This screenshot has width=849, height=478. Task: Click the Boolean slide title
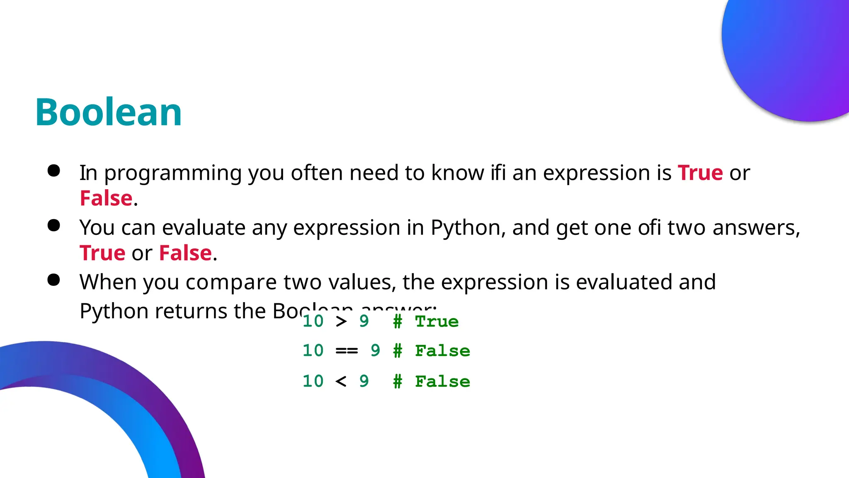coord(109,112)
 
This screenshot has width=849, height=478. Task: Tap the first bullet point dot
coord(54,171)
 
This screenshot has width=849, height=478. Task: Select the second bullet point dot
coord(54,225)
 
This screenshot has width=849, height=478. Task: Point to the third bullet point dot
coord(54,280)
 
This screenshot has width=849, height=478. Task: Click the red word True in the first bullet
coord(700,173)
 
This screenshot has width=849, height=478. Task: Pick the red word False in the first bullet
coord(106,198)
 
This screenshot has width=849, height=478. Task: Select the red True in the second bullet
coord(102,253)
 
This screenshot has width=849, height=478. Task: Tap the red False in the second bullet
coord(185,253)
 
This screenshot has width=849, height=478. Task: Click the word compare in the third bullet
coord(231,283)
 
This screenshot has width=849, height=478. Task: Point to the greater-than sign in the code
coord(341,321)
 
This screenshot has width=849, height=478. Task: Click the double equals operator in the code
coord(347,351)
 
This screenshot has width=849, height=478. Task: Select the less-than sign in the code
coord(341,381)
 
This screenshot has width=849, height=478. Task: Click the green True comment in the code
coord(437,322)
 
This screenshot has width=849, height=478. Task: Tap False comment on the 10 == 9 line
coord(442,351)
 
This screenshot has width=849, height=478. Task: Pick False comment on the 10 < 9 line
coord(442,382)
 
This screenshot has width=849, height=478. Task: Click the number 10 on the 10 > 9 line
coord(313,321)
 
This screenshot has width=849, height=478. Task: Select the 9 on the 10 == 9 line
coord(375,351)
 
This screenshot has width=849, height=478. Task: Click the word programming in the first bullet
coord(173,173)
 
